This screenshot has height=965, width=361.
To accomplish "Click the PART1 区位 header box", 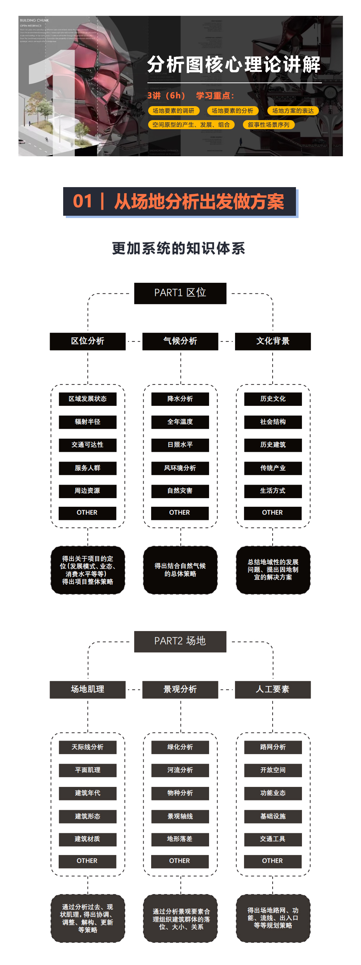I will (180, 293).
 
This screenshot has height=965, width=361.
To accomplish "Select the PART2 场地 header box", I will (180, 641).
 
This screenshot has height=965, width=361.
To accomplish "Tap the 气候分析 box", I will (180, 341).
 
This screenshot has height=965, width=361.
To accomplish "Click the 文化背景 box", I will (273, 341).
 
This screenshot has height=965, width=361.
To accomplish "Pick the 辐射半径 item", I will (88, 422).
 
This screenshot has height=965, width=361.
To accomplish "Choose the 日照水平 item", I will (180, 445).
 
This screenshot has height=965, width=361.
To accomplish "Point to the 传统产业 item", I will (273, 468).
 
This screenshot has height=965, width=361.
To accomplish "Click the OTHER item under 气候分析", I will (180, 513).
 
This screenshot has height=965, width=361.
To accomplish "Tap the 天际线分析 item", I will (88, 747).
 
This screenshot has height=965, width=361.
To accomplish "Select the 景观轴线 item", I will (180, 816).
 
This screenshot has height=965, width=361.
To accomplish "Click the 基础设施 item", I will (273, 816).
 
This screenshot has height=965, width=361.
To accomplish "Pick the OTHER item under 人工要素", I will (273, 861).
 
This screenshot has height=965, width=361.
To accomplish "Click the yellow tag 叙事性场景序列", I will (268, 125).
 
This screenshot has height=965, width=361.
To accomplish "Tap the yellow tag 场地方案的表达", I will (293, 111).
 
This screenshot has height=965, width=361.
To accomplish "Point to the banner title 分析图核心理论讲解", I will (234, 65).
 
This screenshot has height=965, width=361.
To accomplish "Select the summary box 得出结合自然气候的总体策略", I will (180, 570).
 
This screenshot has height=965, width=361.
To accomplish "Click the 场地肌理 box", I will (88, 689).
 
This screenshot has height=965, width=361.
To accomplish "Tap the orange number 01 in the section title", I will (82, 201).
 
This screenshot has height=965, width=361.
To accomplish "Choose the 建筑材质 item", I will (88, 839).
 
